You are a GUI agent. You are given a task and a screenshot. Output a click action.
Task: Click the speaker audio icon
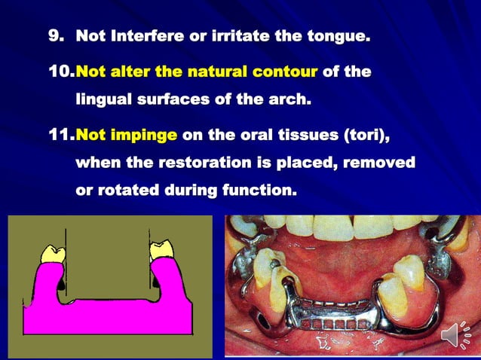pyautogui.click(x=455, y=333)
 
